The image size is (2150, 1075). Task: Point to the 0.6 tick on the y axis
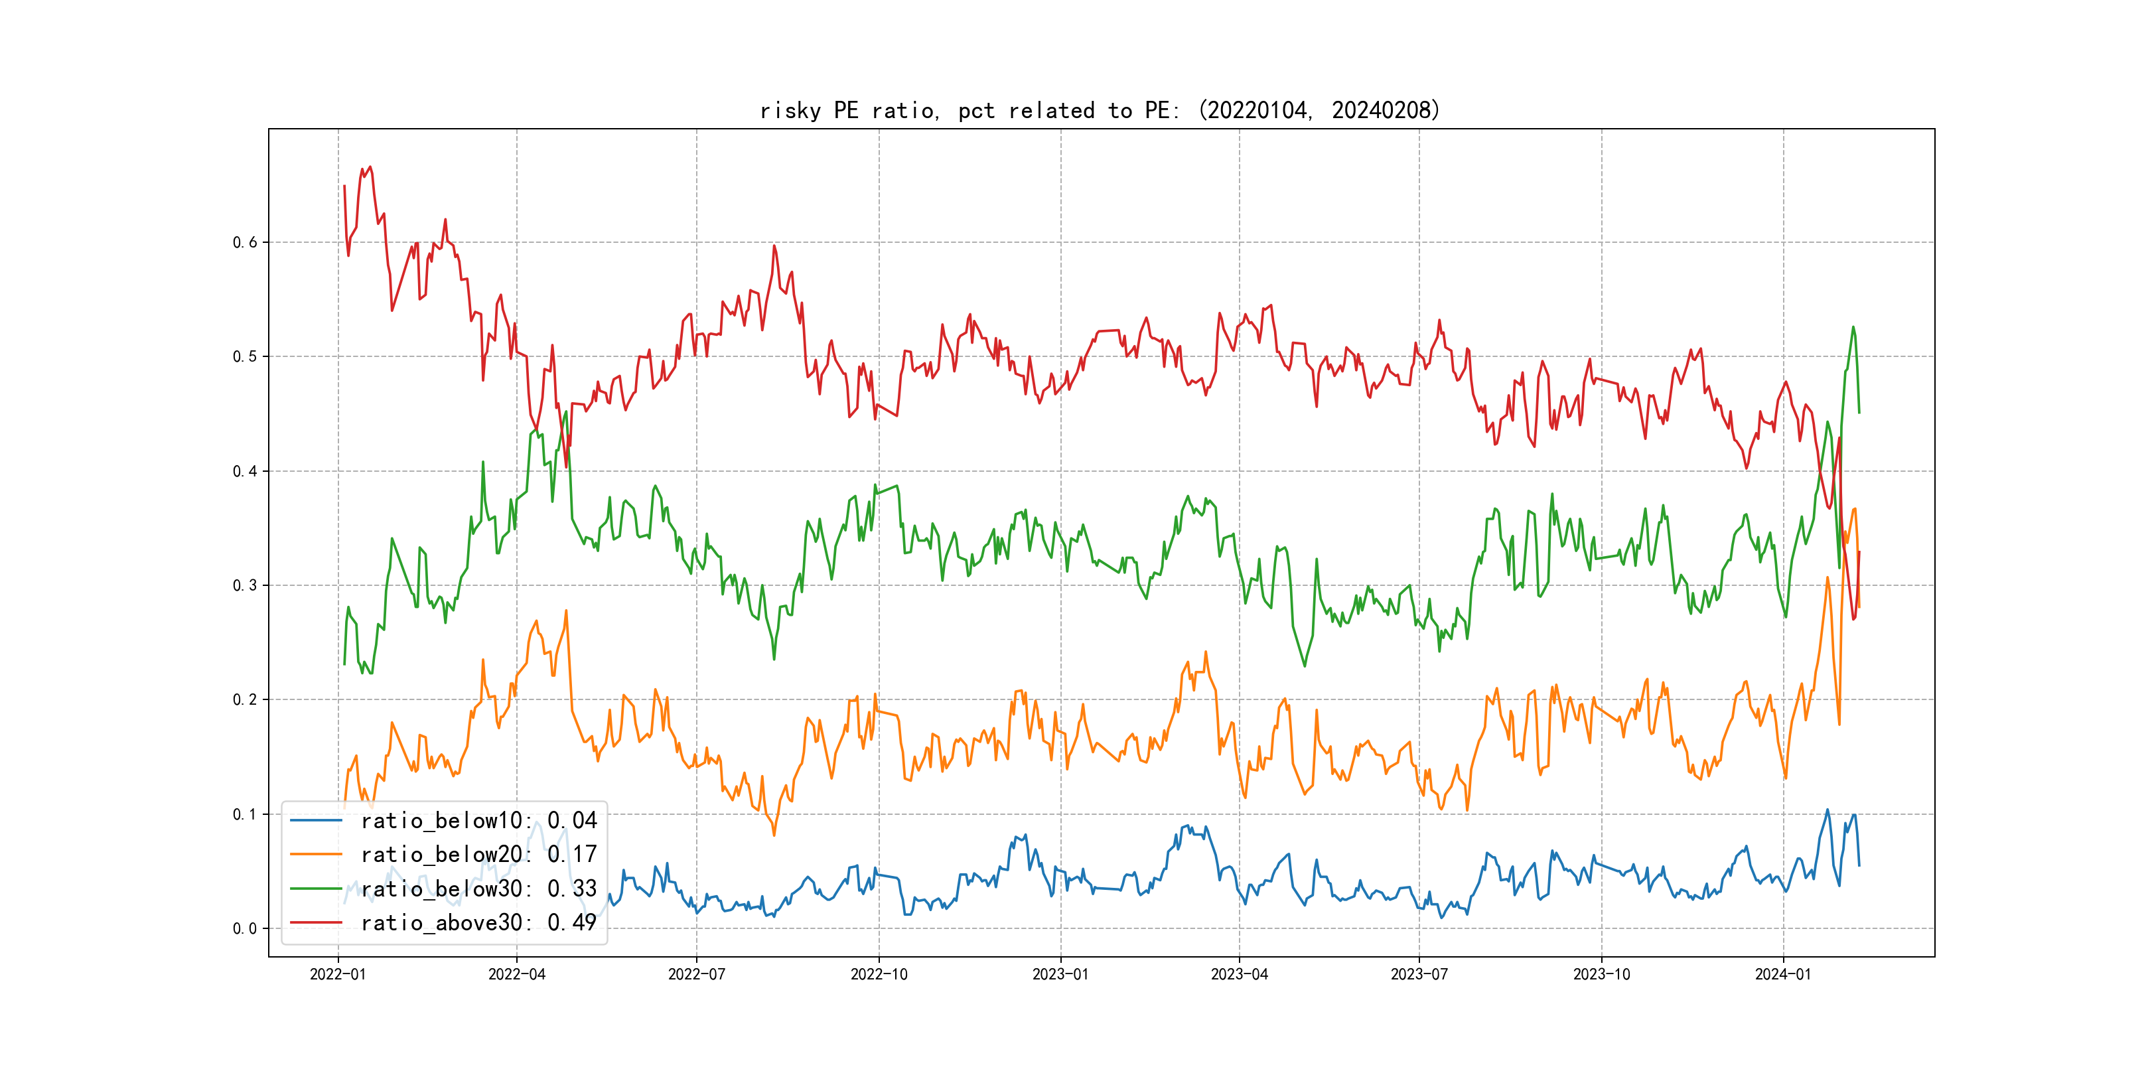(x=245, y=242)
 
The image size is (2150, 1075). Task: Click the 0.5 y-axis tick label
(x=245, y=356)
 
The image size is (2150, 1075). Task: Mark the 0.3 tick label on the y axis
(x=245, y=585)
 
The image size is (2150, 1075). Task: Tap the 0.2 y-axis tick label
(x=245, y=699)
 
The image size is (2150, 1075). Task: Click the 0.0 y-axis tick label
(x=245, y=928)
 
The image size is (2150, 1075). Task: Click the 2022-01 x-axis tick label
(x=338, y=974)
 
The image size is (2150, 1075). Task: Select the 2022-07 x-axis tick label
(x=697, y=974)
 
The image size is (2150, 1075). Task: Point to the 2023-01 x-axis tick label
(x=1061, y=974)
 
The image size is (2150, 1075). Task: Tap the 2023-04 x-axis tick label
(x=1240, y=974)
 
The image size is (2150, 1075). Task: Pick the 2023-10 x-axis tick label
(x=1602, y=974)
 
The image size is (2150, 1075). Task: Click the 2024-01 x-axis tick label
(x=1784, y=974)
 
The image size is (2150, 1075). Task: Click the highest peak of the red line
(x=370, y=167)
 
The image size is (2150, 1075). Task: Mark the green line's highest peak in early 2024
(x=1853, y=327)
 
